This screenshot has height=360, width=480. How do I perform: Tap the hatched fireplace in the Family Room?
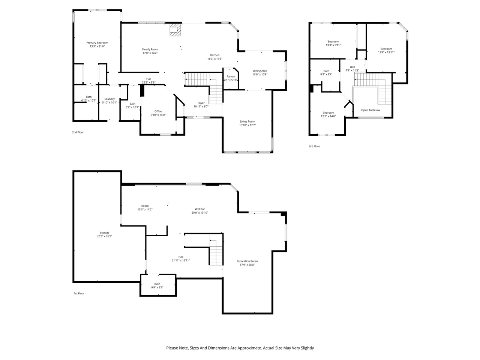(175, 30)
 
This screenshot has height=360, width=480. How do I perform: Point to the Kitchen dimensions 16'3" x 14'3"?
(215, 58)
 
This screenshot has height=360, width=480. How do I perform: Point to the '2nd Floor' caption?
(78, 132)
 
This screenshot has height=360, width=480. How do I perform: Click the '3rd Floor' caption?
(314, 146)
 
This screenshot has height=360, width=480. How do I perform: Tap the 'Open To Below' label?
(370, 110)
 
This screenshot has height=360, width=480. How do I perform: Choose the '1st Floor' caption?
(79, 293)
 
